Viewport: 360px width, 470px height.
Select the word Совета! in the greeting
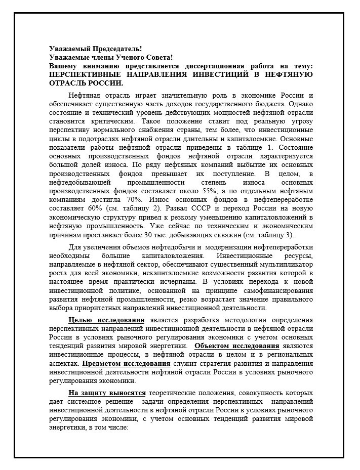click(x=157, y=58)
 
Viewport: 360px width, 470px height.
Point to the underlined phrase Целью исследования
click(x=106, y=320)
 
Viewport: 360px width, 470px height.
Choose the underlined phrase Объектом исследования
click(x=236, y=346)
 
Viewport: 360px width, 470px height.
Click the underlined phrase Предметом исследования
click(x=126, y=363)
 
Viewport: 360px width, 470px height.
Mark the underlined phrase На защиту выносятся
click(x=107, y=393)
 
